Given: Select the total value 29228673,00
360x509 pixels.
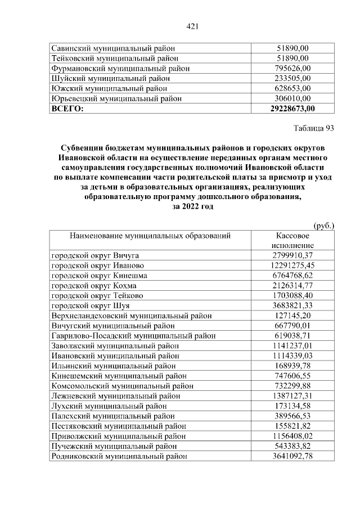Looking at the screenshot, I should [292, 109].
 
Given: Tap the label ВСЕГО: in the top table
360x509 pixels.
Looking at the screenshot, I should [67, 109].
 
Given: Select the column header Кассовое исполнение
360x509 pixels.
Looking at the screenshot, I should [292, 240].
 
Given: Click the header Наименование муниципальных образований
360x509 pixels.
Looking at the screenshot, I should [150, 236].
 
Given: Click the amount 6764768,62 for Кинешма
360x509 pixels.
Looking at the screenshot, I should [292, 276].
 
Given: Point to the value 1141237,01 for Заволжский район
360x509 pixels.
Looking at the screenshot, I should [292, 346].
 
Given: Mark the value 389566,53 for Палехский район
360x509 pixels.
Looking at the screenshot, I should [292, 416].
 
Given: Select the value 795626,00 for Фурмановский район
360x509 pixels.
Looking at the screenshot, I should [292, 69].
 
